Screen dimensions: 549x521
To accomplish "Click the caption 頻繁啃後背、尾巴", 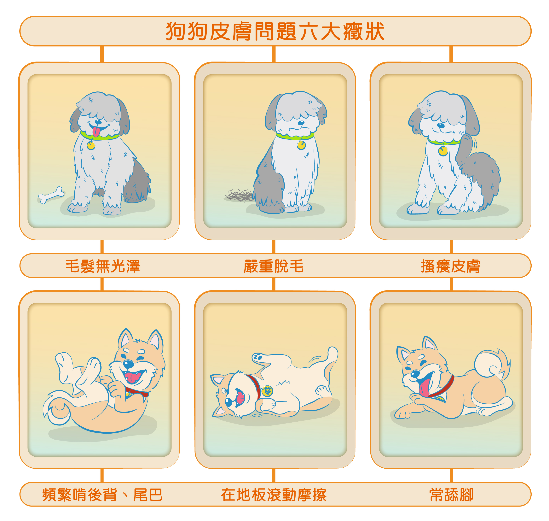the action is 102,495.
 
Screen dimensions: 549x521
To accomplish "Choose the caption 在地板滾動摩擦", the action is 274,495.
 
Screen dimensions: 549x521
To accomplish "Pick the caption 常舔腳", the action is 451,495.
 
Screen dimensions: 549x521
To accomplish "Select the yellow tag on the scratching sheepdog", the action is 443,151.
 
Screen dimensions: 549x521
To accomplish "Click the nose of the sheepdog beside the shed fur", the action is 301,122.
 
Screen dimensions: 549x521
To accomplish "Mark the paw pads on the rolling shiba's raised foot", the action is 258,357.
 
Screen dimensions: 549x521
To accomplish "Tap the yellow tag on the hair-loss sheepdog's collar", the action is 301,145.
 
